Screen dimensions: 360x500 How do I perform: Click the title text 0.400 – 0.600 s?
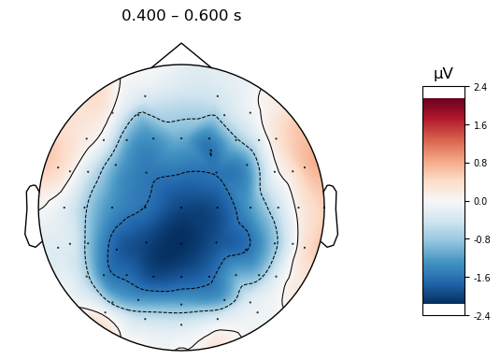point(181,16)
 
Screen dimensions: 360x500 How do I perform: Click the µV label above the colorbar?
point(443,74)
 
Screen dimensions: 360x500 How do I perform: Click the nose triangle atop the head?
point(181,53)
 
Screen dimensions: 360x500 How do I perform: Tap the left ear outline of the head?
point(32,216)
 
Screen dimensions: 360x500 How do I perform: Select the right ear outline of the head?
point(330,216)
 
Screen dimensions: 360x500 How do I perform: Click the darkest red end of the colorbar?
point(443,102)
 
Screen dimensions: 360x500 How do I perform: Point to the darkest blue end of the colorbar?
point(443,299)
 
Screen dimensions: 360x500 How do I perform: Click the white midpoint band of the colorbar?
point(443,201)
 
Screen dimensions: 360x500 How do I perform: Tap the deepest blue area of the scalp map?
point(168,248)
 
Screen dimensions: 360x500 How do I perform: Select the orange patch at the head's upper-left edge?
point(65,150)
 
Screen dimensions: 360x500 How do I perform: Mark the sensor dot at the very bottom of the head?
point(181,324)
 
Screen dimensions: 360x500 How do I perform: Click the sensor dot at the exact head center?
point(181,208)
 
